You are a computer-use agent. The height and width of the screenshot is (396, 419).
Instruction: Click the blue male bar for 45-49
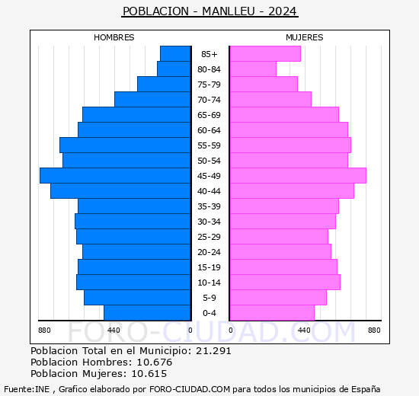(115, 176)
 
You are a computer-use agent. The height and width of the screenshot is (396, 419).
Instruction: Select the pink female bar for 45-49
(297, 176)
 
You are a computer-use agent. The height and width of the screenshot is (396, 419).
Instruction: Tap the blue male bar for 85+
(175, 54)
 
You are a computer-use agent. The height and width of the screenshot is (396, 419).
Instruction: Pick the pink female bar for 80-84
(252, 69)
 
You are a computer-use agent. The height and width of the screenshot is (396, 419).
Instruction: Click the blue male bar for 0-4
(147, 313)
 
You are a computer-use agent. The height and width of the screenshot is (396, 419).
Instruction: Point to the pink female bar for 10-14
(284, 283)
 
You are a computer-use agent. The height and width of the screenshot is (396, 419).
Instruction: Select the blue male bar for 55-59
(125, 145)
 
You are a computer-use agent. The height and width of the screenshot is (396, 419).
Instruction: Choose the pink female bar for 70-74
(270, 100)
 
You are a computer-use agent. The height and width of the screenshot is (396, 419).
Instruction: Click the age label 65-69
(209, 115)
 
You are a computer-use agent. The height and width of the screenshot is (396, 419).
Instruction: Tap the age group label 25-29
(209, 237)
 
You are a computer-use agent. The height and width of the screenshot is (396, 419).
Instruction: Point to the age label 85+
(209, 54)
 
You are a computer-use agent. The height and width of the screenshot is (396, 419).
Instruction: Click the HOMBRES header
(114, 37)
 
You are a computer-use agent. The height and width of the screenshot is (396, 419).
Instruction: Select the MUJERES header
(304, 37)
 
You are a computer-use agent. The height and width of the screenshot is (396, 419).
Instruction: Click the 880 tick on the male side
(44, 330)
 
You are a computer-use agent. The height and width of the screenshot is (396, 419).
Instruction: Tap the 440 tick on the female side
(304, 330)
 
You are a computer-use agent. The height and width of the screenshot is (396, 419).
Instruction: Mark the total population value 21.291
(213, 351)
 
